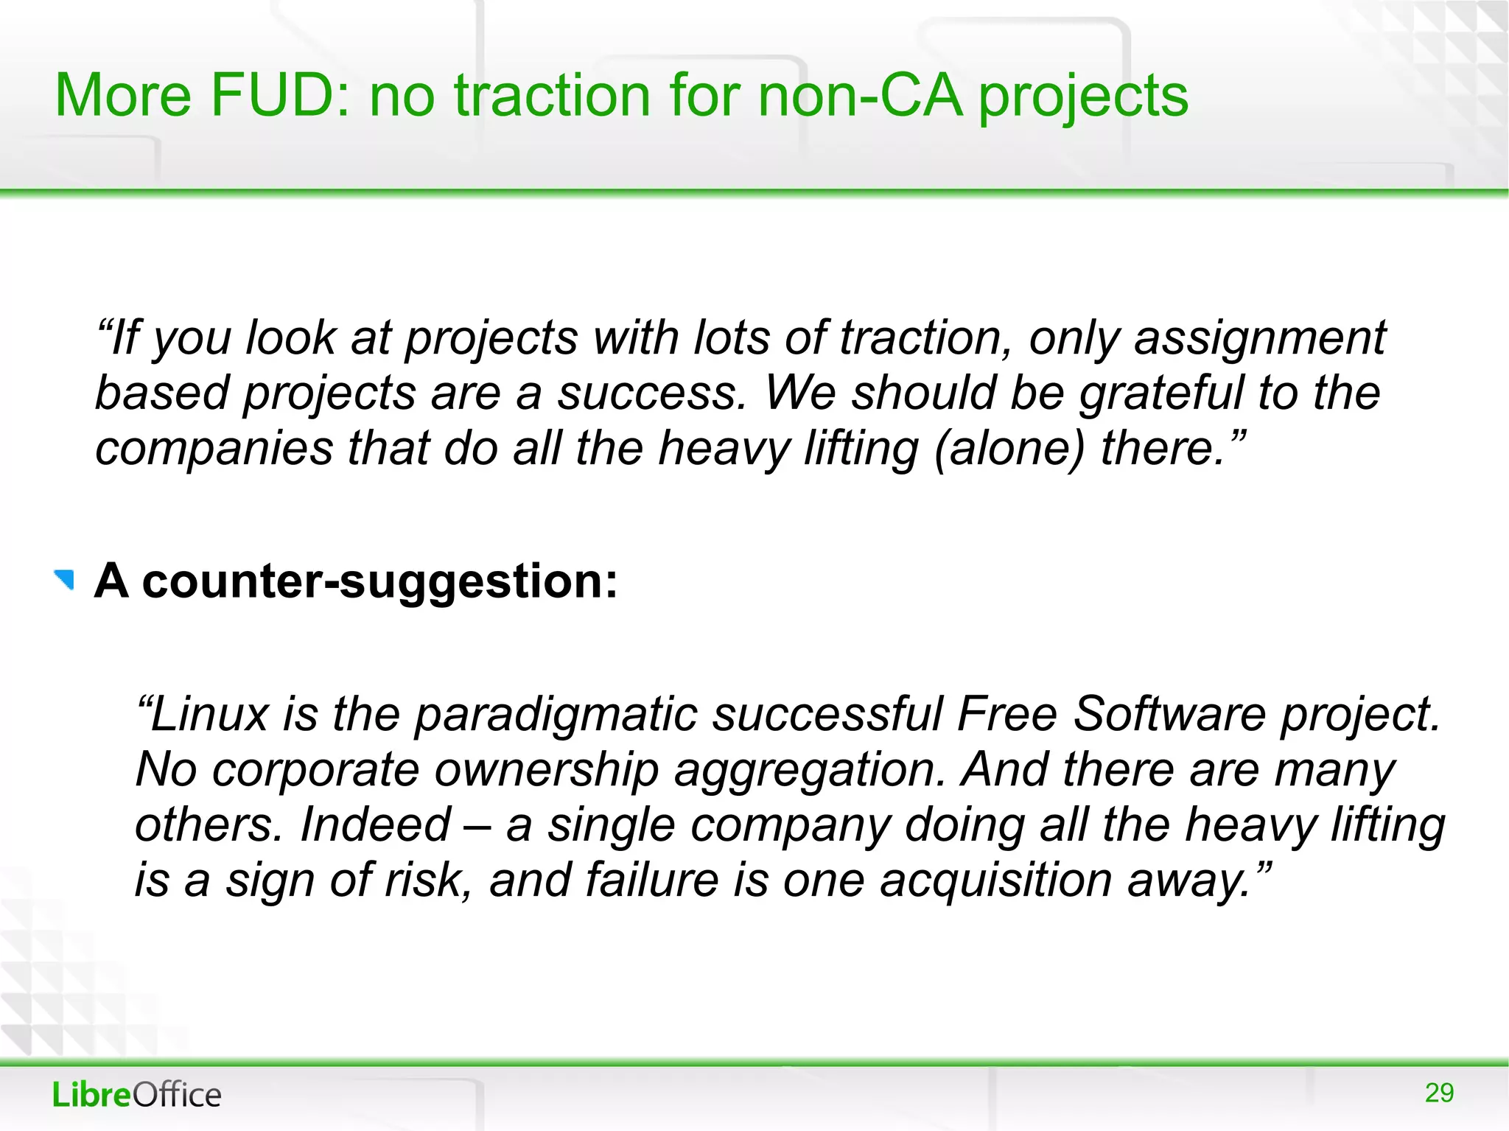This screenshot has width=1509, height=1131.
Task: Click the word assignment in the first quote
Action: pyautogui.click(x=1260, y=338)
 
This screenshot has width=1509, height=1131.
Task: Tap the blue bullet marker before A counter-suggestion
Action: pyautogui.click(x=65, y=580)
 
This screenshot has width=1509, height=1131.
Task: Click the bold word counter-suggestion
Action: pyautogui.click(x=379, y=581)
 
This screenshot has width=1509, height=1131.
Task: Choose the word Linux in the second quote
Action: pyautogui.click(x=210, y=714)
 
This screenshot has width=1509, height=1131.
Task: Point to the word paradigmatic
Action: pyautogui.click(x=556, y=715)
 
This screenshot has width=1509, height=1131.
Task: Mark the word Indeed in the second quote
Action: pyautogui.click(x=375, y=824)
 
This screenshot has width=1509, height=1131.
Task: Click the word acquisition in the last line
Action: pyautogui.click(x=995, y=880)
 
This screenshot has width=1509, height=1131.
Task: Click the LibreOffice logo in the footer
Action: pyautogui.click(x=137, y=1095)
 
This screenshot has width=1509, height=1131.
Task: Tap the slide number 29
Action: pyautogui.click(x=1439, y=1093)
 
